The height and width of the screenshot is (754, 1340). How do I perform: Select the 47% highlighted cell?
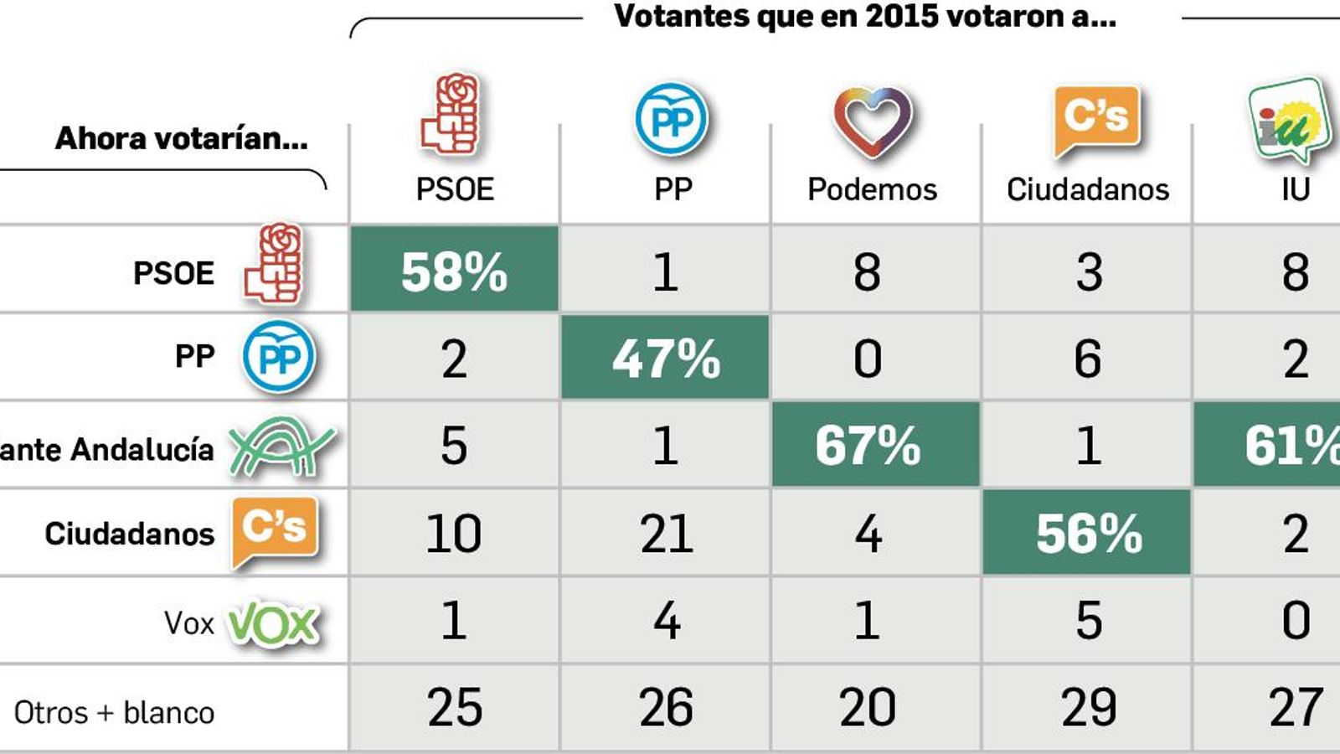click(x=665, y=359)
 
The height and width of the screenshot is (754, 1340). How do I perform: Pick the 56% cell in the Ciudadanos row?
click(x=1088, y=534)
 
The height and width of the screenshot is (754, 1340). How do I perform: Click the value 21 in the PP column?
click(x=666, y=534)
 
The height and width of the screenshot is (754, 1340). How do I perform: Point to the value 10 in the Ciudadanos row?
click(x=453, y=534)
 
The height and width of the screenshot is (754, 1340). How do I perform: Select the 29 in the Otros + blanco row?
click(x=1088, y=707)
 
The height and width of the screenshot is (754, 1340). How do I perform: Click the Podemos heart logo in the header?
click(x=872, y=122)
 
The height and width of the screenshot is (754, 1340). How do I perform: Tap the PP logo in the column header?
click(x=672, y=120)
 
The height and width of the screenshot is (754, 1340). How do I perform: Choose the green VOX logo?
click(x=274, y=624)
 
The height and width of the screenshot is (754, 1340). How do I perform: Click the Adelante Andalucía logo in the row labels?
click(x=281, y=447)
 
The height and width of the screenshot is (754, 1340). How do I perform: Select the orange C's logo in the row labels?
click(x=275, y=530)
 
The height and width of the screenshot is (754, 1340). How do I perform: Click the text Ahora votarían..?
click(x=181, y=138)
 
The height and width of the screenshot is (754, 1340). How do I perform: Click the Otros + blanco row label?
click(x=115, y=713)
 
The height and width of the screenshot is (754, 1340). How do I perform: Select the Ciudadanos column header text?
click(x=1087, y=190)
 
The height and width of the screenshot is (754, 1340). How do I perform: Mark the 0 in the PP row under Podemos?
click(x=868, y=359)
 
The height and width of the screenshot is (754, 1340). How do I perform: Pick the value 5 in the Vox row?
click(x=1088, y=621)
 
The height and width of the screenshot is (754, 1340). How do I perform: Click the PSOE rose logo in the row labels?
click(x=274, y=264)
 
